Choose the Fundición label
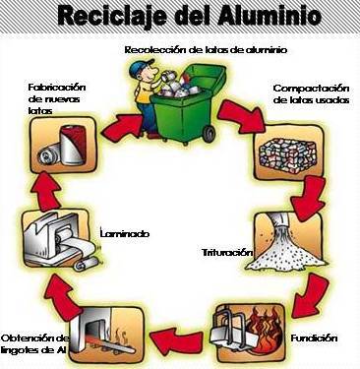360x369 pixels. (316, 338)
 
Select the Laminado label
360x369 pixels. (126, 233)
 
